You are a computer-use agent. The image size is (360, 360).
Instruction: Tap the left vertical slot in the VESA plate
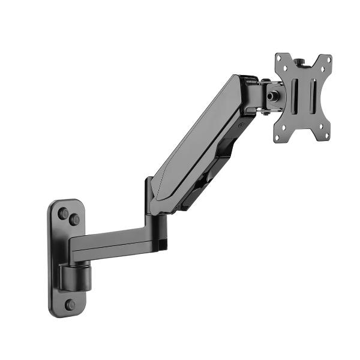click(x=294, y=100)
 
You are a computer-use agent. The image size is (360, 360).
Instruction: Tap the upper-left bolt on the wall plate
click(x=63, y=213)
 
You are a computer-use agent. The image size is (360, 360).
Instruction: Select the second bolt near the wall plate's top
click(x=74, y=220)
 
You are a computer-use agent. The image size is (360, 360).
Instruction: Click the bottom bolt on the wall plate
click(x=70, y=304)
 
